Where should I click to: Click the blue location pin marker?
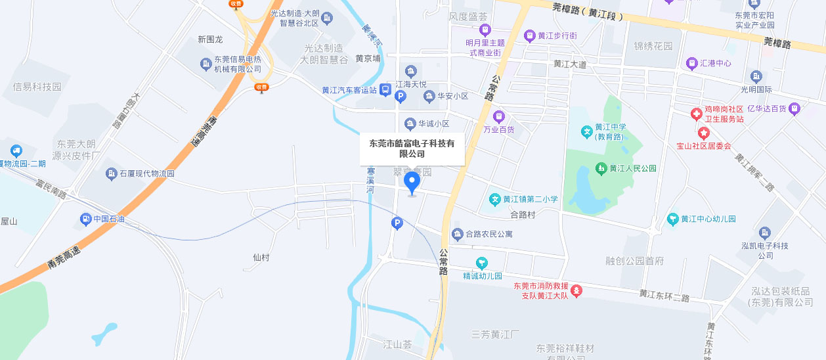click(412, 182)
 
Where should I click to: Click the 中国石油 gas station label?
click(108, 219)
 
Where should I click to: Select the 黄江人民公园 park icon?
click(600, 169)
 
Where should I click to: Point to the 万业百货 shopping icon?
click(498, 117)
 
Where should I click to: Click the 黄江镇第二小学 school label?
click(531, 199)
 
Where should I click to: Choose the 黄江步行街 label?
click(557, 35)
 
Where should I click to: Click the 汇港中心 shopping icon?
click(691, 64)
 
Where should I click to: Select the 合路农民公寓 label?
click(489, 234)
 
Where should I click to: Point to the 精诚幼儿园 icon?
click(483, 263)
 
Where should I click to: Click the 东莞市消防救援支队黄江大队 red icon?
click(576, 290)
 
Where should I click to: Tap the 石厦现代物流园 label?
click(146, 174)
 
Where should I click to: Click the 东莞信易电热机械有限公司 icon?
click(206, 63)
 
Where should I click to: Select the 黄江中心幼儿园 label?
click(708, 219)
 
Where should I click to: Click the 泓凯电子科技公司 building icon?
click(764, 233)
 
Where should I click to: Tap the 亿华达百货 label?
click(766, 108)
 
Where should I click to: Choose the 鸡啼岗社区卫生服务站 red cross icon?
click(695, 114)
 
